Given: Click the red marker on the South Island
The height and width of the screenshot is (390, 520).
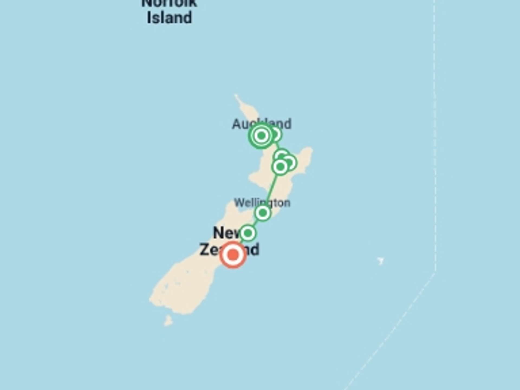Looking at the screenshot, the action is tap(233, 255).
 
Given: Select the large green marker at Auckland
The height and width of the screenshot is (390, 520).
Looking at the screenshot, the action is tap(261, 135).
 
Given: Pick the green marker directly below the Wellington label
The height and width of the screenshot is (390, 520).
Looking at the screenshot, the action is tap(262, 213).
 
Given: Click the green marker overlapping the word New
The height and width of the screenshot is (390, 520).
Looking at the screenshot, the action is tap(248, 233).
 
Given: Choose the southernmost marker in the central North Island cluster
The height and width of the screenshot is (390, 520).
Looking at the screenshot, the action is tap(280, 167).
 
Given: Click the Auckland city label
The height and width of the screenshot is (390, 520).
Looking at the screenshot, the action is tap(261, 124).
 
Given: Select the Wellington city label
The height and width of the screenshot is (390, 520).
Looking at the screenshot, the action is tap(262, 203).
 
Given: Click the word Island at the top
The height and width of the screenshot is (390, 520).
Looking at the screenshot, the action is tap(169, 18).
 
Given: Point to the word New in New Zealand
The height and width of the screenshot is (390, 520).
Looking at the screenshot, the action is tap(225, 233).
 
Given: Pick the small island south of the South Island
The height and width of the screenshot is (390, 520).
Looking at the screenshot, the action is tap(168, 321).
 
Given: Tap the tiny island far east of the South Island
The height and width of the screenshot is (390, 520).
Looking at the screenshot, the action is tap(381, 261).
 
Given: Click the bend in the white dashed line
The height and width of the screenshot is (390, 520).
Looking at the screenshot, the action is tap(435, 272).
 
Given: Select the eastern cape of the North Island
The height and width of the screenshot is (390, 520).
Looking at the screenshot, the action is tap(309, 152).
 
